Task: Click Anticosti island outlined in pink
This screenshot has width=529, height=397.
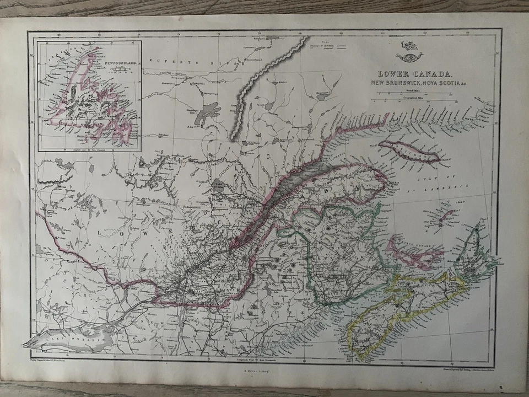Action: click(412, 151)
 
